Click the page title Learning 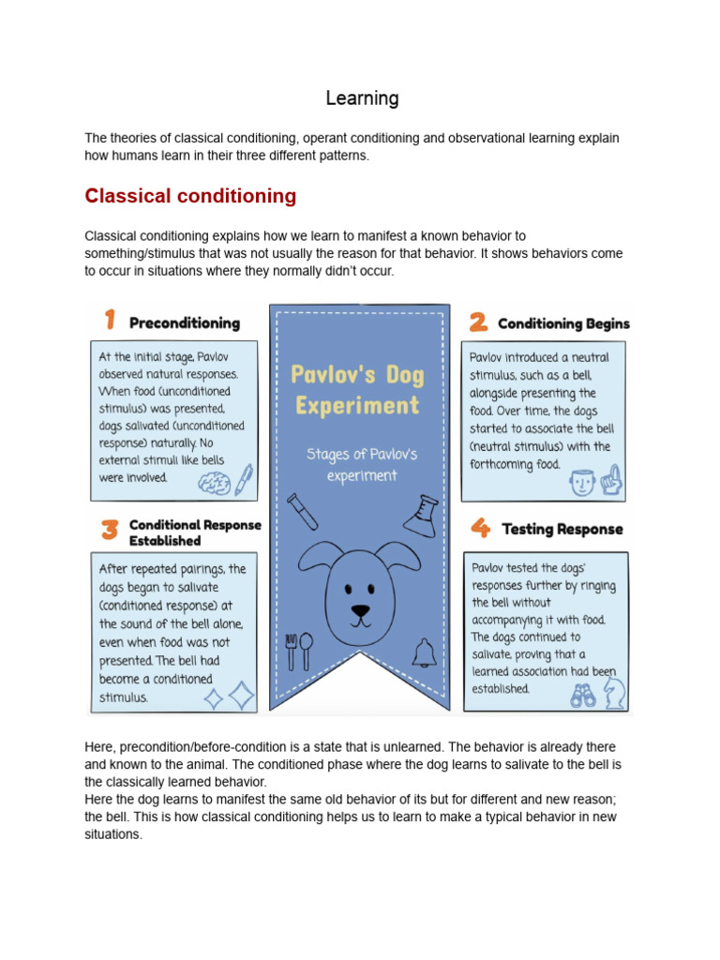tap(362, 98)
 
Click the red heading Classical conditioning tap(190, 196)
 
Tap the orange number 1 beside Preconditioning tap(110, 321)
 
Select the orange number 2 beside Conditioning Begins tap(478, 322)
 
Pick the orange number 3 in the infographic tap(110, 532)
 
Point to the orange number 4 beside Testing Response tap(480, 529)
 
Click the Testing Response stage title tap(562, 530)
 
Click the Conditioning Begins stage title tap(563, 324)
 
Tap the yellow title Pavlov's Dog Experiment tap(356, 390)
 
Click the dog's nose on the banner tap(360, 611)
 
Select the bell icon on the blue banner tap(424, 652)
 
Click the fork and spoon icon tap(299, 651)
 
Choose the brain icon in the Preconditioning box tap(215, 482)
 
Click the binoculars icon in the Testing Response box tap(582, 695)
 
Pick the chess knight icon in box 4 tap(613, 694)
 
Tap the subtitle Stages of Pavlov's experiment tap(360, 465)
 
